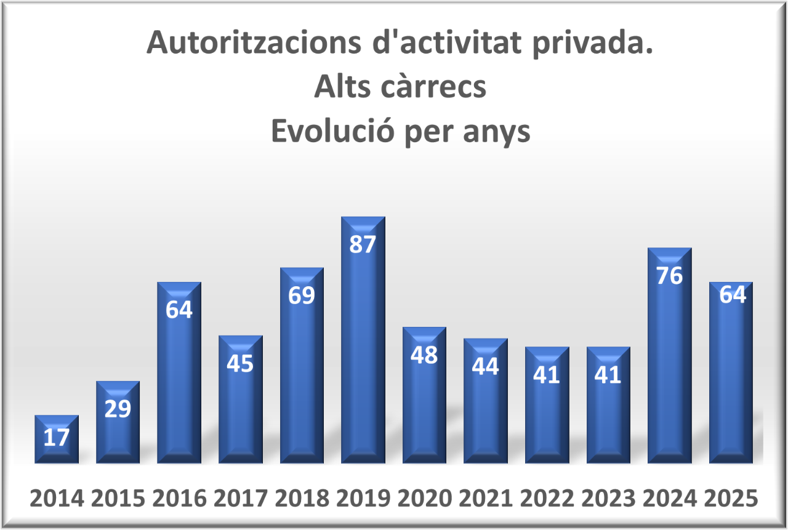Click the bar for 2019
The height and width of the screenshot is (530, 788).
coord(363,345)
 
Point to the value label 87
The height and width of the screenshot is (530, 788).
coord(362,244)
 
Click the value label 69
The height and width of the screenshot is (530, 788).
coord(301,295)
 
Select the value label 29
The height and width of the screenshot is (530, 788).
coord(118,409)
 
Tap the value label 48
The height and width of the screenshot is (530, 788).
coord(424,355)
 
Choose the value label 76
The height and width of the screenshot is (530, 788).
coord(669,276)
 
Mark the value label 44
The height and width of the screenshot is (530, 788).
coord(485,366)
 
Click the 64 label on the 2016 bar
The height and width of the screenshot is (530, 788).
coord(179,310)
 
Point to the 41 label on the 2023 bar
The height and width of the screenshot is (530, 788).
coord(608,375)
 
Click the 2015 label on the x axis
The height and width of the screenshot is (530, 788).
coord(118,499)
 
